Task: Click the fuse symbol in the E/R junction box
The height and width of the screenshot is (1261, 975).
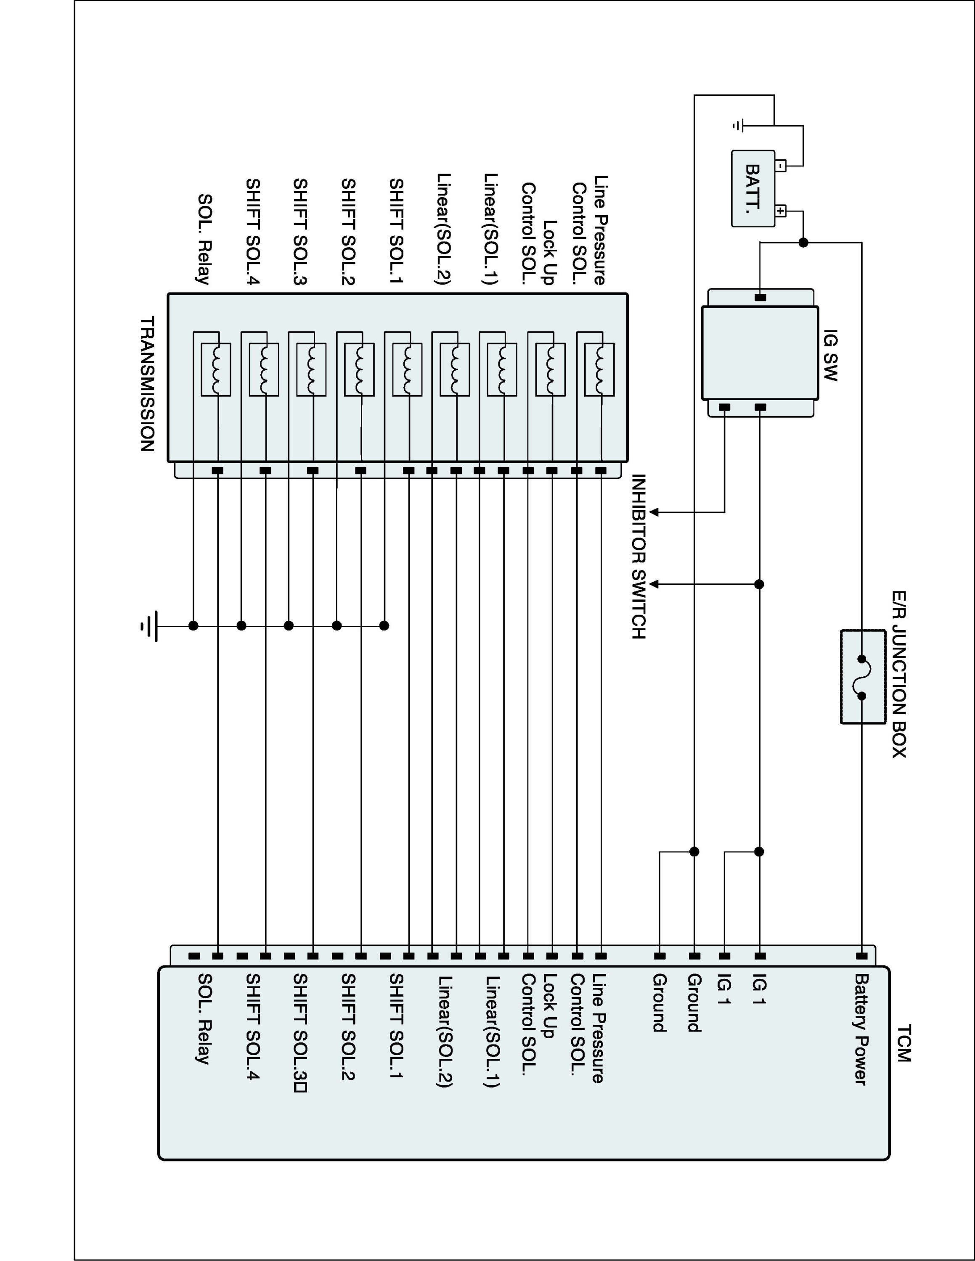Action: pos(862,677)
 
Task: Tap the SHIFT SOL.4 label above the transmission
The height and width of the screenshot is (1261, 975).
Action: pos(253,232)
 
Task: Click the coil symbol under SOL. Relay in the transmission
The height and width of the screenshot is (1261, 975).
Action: pos(216,370)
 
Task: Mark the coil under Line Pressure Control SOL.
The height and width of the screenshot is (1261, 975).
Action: pos(599,370)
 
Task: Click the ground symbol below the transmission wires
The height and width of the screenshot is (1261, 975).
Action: pos(149,626)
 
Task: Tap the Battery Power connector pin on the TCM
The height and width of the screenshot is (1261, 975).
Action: pos(861,956)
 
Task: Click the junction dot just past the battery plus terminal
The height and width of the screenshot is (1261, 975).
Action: pos(803,243)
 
